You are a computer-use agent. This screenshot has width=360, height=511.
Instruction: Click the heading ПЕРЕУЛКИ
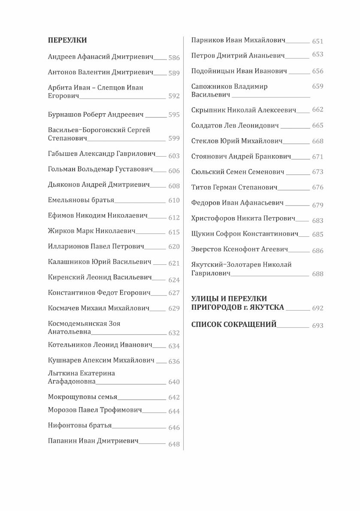coord(67,40)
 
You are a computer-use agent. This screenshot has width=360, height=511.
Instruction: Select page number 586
coord(174,57)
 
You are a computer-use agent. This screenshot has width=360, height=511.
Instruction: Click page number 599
coord(174,138)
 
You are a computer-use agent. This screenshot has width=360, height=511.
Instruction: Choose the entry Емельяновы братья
coord(81,200)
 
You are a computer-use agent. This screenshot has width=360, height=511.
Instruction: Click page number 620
coord(174,247)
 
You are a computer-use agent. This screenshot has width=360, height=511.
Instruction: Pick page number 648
coord(174,444)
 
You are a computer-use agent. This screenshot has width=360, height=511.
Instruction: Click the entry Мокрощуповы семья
coord(83,397)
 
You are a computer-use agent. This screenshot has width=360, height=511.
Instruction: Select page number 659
coord(318,86)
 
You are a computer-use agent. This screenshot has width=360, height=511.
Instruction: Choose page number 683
coord(318,221)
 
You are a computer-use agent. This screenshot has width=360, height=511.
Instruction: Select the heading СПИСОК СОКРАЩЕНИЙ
coord(234,324)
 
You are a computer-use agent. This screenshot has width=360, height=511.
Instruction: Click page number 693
coord(318,326)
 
